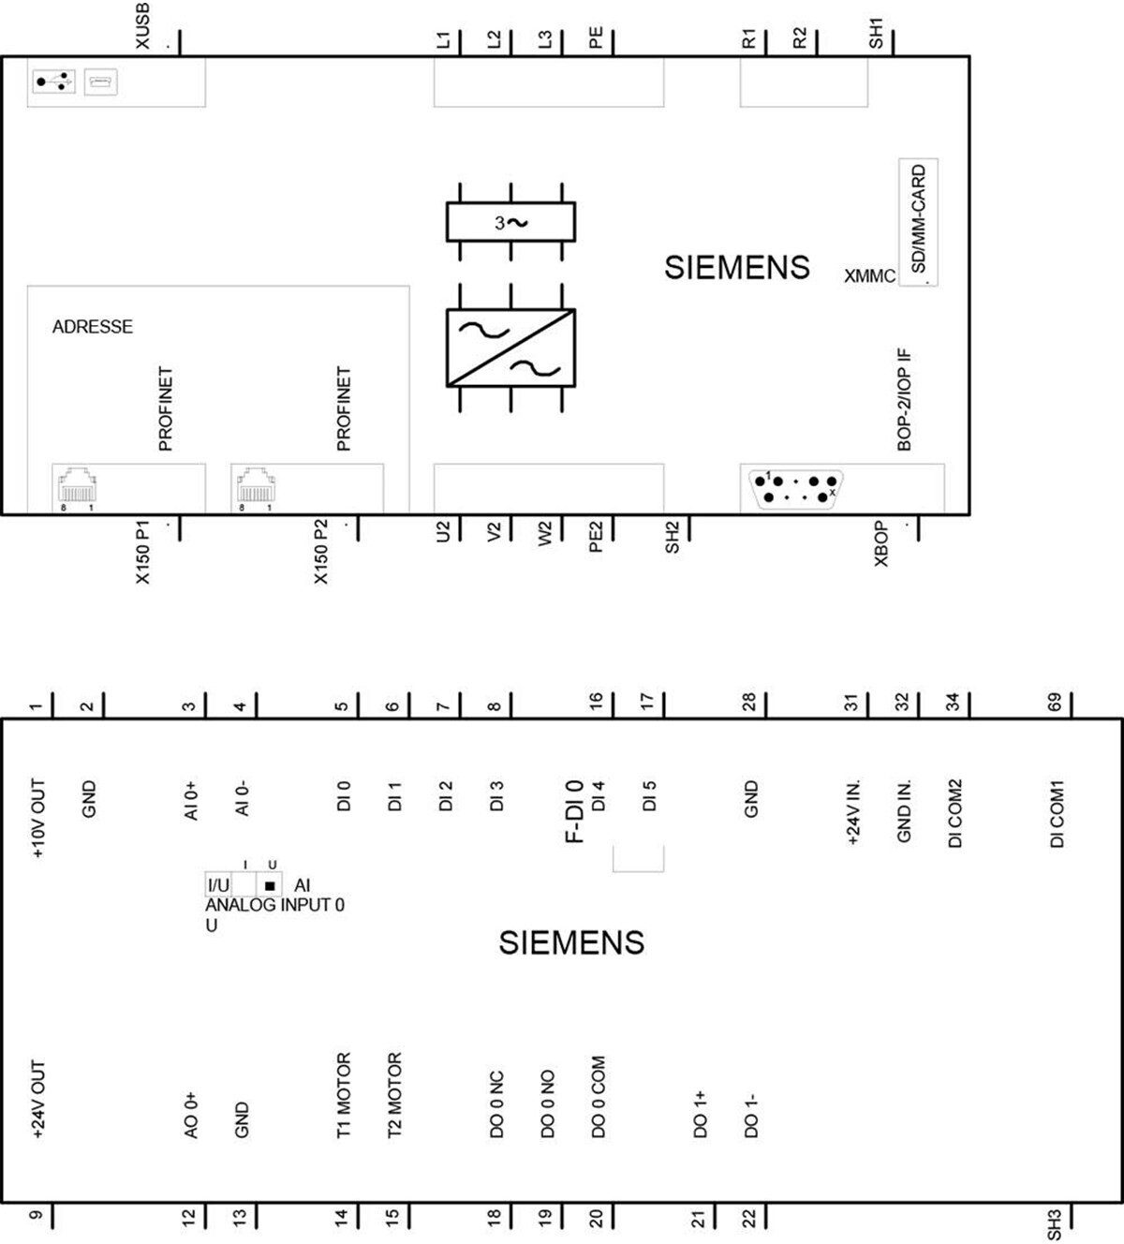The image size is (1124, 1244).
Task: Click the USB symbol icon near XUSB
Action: (54, 81)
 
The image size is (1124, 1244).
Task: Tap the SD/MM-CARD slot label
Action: (918, 219)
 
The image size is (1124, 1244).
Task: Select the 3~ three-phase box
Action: (510, 221)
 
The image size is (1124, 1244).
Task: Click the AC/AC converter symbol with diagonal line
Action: (510, 348)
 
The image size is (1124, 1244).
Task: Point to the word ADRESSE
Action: (93, 327)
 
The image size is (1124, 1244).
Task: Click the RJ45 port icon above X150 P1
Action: (77, 485)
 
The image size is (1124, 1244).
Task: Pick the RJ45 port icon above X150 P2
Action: (256, 485)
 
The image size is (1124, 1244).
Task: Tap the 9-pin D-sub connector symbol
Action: (795, 489)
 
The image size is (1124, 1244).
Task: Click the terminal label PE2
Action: (596, 537)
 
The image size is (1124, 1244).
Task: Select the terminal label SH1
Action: (875, 34)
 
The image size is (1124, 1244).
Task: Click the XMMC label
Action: (869, 276)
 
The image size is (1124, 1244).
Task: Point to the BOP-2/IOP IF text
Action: (905, 400)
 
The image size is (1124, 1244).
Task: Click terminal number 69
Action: (1055, 703)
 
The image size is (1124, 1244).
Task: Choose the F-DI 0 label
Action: (575, 812)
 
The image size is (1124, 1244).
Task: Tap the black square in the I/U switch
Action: (269, 886)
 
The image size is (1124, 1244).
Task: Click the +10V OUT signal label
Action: (38, 819)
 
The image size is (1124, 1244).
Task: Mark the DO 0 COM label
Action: (598, 1097)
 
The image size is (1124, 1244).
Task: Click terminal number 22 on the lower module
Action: (750, 1219)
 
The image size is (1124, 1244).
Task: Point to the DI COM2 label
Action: (955, 814)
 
